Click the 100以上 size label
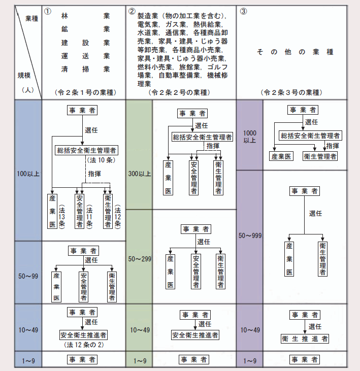coord(28,174)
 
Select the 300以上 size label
coord(140,174)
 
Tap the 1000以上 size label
coord(250,137)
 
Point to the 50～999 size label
coord(250,235)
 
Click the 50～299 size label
coord(140,259)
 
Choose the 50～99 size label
coord(28,276)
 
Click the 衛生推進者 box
coord(305,339)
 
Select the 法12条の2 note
coord(84,345)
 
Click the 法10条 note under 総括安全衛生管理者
coord(101,160)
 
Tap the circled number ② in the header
coord(132,11)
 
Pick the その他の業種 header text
coord(295,52)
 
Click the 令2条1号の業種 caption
coord(85,92)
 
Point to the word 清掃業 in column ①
coord(85,69)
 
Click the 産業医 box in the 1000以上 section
coord(281,156)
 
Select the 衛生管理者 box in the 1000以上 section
coord(320,156)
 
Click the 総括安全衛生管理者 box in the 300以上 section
coord(202,137)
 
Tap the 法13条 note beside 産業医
coord(61,217)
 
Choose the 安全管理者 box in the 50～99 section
coord(83,287)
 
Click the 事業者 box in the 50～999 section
coord(305,191)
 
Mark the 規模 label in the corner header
coord(24,76)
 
